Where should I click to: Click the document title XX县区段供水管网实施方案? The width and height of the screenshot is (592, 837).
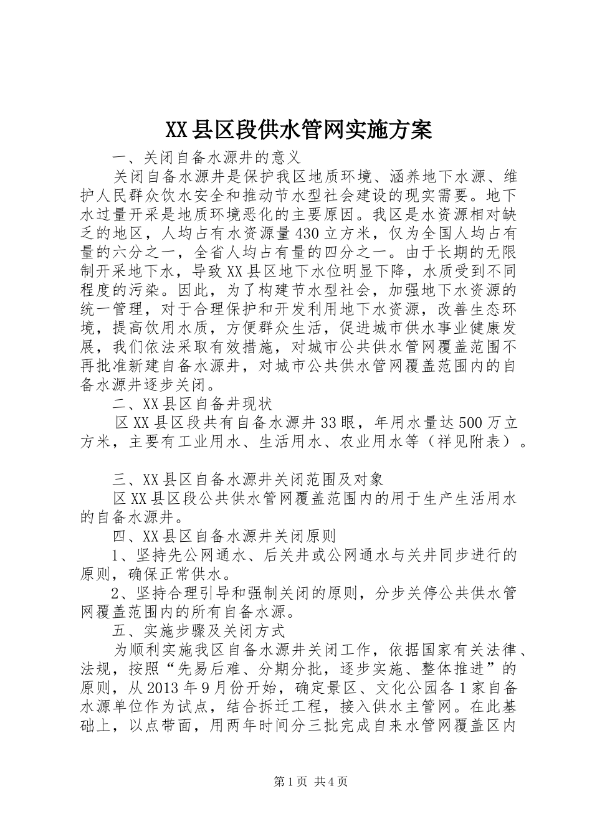[298, 130]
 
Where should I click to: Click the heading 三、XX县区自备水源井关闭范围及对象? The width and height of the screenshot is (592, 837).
[247, 480]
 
